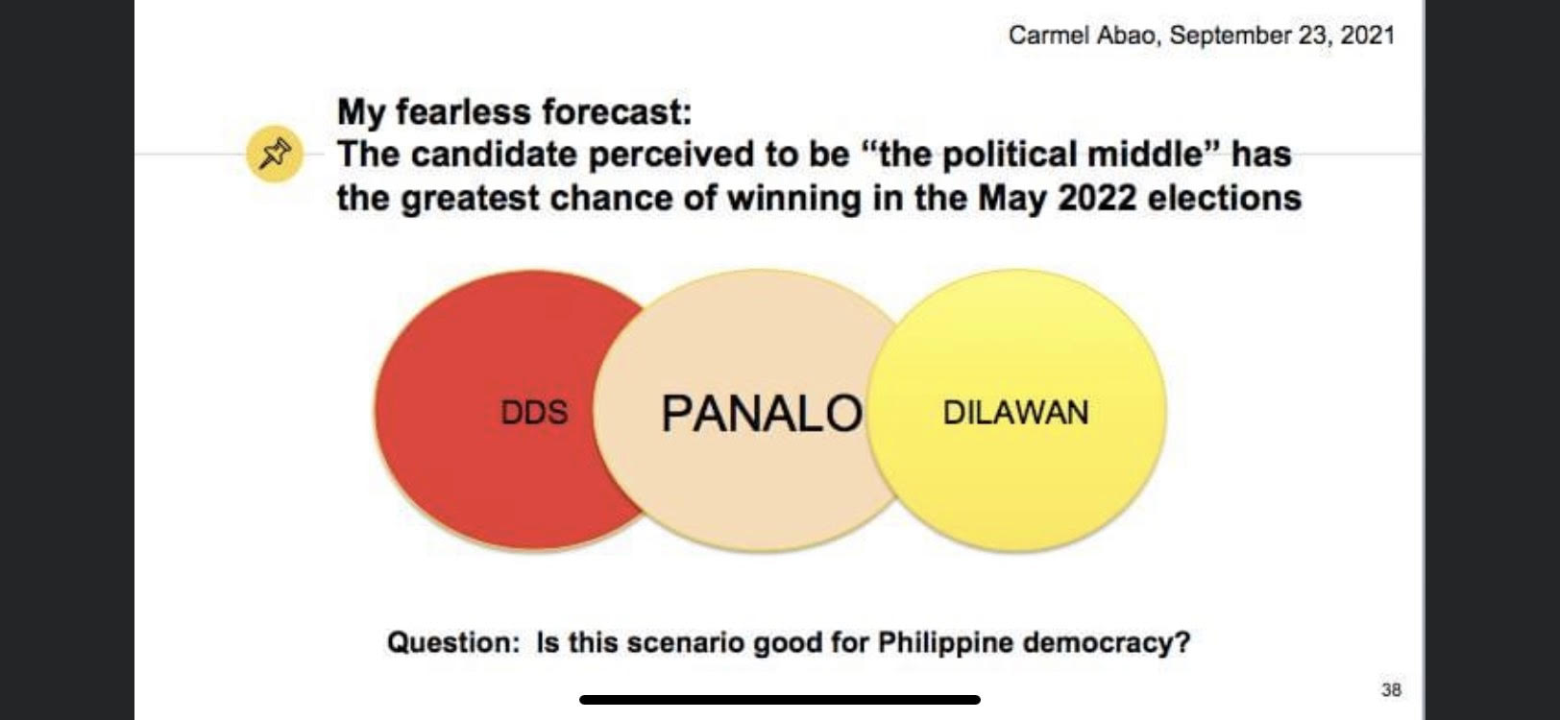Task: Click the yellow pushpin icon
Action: tap(275, 154)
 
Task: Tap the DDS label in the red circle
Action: tap(534, 412)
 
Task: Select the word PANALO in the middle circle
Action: tap(761, 413)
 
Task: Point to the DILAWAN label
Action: tap(1015, 412)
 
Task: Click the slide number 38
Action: tap(1391, 689)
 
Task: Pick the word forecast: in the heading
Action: tap(617, 111)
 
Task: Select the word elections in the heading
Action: tap(1225, 199)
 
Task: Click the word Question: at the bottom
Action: tap(453, 642)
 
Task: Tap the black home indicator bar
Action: tap(780, 700)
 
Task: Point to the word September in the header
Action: tap(1231, 36)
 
